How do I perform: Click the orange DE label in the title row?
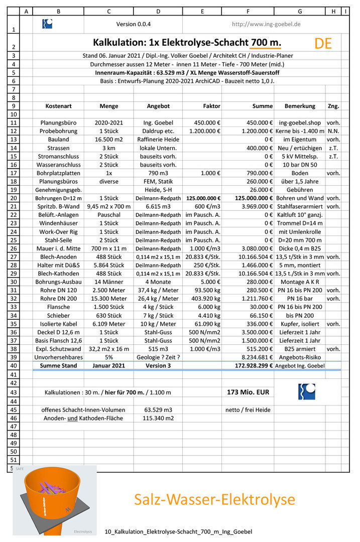click(x=323, y=43)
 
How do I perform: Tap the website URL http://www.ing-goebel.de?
click(x=266, y=24)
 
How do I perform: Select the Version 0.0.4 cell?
click(x=133, y=24)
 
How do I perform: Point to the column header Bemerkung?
click(x=300, y=106)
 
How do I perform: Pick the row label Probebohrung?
click(x=58, y=131)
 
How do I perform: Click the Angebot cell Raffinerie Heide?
click(x=158, y=140)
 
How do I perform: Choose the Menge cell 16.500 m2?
click(x=109, y=140)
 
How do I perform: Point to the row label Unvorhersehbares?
click(x=58, y=357)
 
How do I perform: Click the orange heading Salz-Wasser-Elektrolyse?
click(x=214, y=499)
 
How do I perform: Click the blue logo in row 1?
click(x=47, y=24)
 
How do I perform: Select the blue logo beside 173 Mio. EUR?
click(x=307, y=391)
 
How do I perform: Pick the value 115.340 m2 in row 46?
click(x=158, y=418)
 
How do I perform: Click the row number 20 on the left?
click(x=13, y=198)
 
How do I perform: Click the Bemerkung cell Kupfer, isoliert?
click(x=300, y=324)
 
